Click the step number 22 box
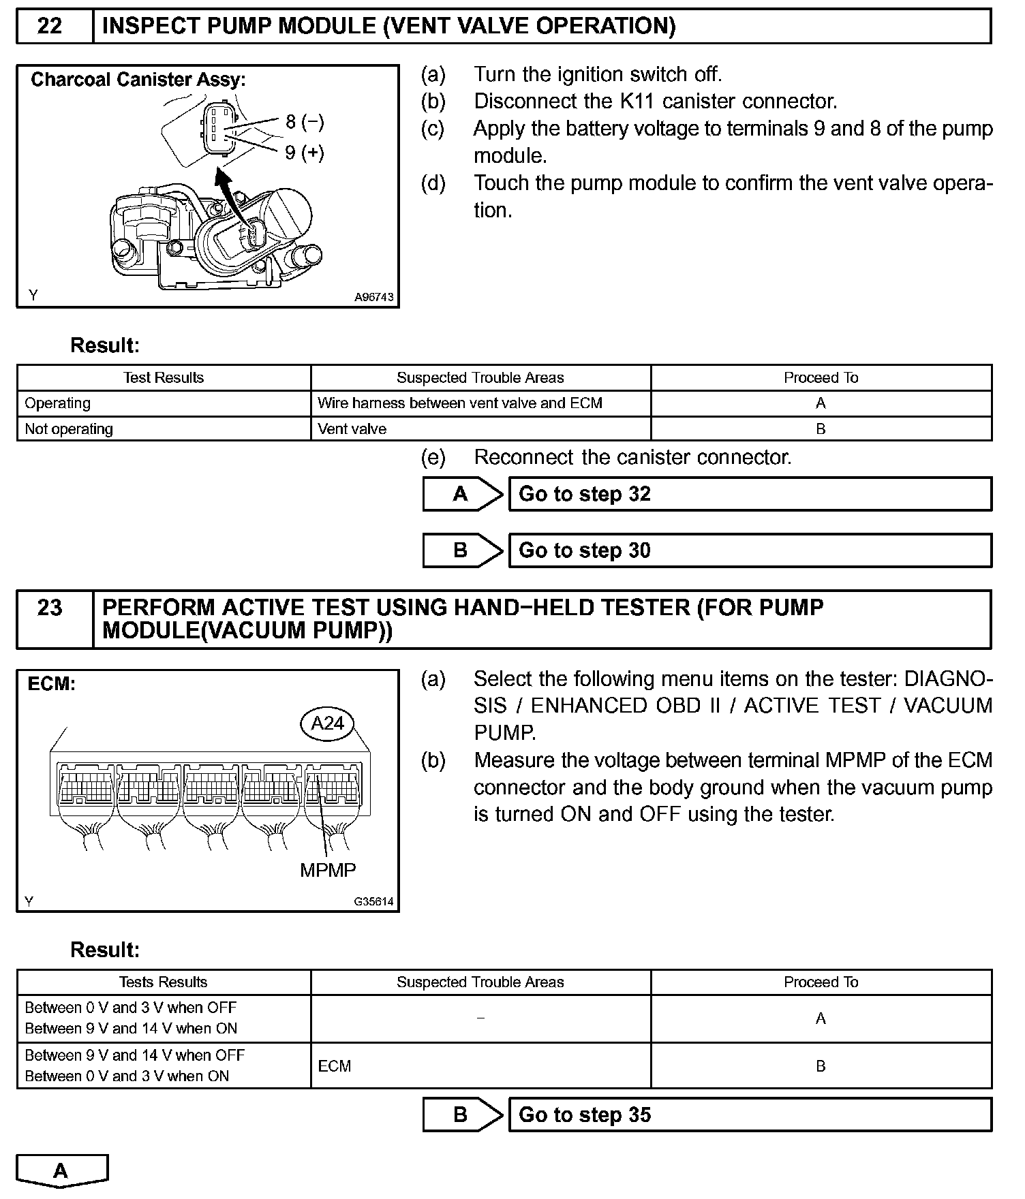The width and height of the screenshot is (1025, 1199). point(49,26)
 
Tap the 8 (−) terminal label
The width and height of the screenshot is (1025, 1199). point(304,122)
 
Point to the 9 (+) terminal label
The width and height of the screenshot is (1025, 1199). point(304,152)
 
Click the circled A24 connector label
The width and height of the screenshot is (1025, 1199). point(327,723)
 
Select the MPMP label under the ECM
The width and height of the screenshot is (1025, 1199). point(328,870)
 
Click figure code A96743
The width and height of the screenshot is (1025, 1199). point(373,298)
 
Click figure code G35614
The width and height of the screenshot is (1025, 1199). point(373,901)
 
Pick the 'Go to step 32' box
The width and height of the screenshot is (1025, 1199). point(750,494)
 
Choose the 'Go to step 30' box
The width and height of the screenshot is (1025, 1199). point(750,550)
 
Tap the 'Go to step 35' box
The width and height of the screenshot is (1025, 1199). point(750,1115)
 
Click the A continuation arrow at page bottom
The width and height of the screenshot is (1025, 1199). point(61,1170)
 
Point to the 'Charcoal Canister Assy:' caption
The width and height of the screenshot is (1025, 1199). point(138,80)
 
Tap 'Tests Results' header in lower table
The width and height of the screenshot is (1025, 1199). point(163,982)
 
